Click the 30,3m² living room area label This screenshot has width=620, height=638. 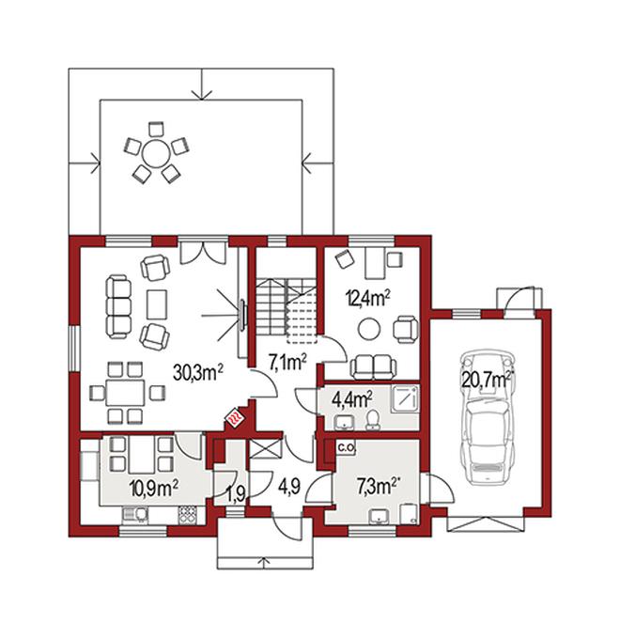[x=198, y=372]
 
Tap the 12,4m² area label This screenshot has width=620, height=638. [x=367, y=299]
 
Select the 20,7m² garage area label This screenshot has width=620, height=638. [x=487, y=381]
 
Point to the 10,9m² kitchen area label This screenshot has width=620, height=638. [x=154, y=488]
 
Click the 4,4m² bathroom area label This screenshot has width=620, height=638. [x=352, y=400]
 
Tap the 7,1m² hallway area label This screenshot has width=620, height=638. [x=287, y=362]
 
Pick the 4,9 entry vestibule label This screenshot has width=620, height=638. [x=289, y=486]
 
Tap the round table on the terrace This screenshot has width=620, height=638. [x=156, y=152]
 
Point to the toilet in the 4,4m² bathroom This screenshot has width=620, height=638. [x=372, y=420]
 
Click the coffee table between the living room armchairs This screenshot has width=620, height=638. [x=157, y=303]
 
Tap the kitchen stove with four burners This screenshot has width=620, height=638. [x=188, y=515]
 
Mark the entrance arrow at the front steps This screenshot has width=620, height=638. [x=265, y=563]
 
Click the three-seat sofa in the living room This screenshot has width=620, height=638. [x=118, y=306]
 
